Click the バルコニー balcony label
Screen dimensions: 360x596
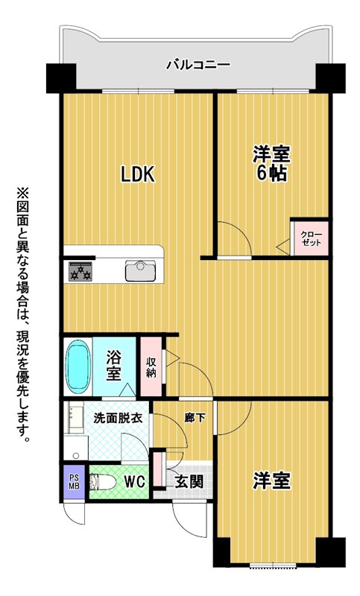[x=198, y=65]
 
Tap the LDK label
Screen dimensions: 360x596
[x=138, y=174]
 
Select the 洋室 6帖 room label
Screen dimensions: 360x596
[x=271, y=164]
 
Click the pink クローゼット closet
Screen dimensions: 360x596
[x=310, y=238]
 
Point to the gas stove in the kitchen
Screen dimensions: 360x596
[x=80, y=271]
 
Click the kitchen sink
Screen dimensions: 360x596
[x=140, y=271]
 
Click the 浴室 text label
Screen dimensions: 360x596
[x=113, y=366]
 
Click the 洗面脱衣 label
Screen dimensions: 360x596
[x=118, y=418]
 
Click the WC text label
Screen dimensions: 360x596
[x=134, y=482]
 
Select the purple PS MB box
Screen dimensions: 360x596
[x=74, y=482]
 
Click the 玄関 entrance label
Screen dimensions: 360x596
[x=189, y=482]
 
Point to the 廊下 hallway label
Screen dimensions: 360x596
[x=195, y=418]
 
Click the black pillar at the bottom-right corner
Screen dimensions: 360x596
[x=331, y=552]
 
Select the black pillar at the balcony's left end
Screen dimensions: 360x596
[x=61, y=78]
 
